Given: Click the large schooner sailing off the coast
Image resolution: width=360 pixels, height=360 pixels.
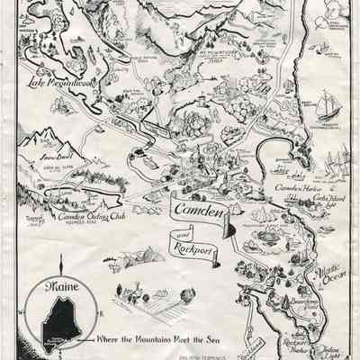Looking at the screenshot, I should [x=323, y=100].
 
